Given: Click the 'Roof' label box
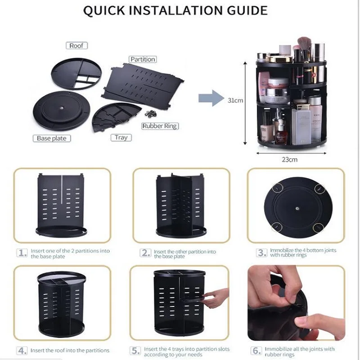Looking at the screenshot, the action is (76, 45).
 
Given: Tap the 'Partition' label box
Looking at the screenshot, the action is (143, 59).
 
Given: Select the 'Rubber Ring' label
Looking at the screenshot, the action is (160, 126).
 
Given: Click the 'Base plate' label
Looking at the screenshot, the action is (52, 138).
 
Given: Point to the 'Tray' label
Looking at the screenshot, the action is (121, 138).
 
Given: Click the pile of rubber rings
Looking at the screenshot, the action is (151, 114).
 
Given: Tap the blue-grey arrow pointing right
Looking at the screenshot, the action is (211, 98).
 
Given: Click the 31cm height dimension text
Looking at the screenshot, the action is (235, 100).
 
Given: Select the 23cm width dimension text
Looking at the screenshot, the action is (289, 160).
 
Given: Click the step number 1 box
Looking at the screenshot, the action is (22, 253).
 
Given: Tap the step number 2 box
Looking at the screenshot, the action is (145, 253).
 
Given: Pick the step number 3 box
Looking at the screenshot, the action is (262, 253).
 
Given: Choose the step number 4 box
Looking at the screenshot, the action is (22, 351).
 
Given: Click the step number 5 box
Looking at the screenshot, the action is (135, 351).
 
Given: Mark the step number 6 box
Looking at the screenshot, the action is (256, 351).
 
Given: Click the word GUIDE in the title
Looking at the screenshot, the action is (247, 10).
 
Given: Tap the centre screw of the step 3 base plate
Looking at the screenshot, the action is (297, 209).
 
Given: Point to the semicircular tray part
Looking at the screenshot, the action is (116, 117).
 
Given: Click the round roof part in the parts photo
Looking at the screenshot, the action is (76, 73).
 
